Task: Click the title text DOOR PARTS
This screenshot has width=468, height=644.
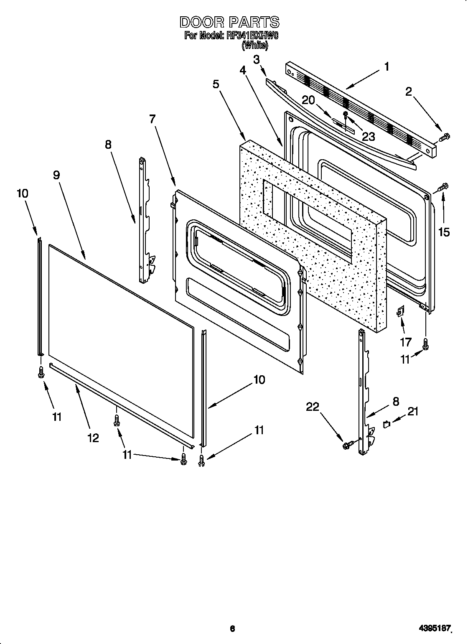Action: pos(229,22)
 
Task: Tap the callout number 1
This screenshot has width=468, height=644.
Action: pos(387,66)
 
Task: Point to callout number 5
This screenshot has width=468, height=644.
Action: pos(216,84)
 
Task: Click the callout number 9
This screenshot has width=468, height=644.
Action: pos(56,175)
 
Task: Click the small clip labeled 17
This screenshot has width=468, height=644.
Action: pos(401,311)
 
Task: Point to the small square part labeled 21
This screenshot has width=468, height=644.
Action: pos(387,425)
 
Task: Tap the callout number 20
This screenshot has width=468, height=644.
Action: pos(309,101)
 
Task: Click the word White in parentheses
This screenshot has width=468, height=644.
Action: pos(255,46)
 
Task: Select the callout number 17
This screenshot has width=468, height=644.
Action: pos(406,343)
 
